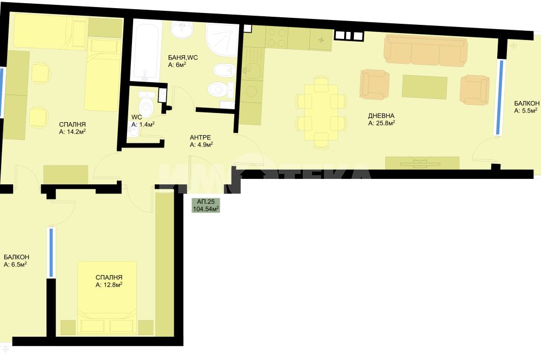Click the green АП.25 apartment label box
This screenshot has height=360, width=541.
pyautogui.click(x=206, y=205)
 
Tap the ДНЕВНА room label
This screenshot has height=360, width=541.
pyautogui.click(x=381, y=116)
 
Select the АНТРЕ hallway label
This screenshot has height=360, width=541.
pyautogui.click(x=200, y=138)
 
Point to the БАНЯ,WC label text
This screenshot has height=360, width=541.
pyautogui.click(x=183, y=58)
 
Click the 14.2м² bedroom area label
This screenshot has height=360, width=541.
pyautogui.click(x=72, y=131)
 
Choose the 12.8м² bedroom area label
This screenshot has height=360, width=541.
pyautogui.click(x=109, y=284)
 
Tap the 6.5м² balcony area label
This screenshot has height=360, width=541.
pyautogui.click(x=15, y=264)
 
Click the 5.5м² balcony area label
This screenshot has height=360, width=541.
pyautogui.click(x=526, y=111)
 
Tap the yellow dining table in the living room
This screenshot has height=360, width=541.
pyautogui.click(x=321, y=112)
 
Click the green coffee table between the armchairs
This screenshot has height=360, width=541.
pyautogui.click(x=424, y=87)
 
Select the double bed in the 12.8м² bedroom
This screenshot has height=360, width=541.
pyautogui.click(x=107, y=298)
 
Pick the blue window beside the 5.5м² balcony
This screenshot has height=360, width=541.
pyautogui.click(x=499, y=97)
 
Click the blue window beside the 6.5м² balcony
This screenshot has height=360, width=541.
pyautogui.click(x=51, y=252)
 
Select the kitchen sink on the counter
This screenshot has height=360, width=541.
pyautogui.click(x=252, y=71)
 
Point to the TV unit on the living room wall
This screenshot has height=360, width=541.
pyautogui.click(x=422, y=163)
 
